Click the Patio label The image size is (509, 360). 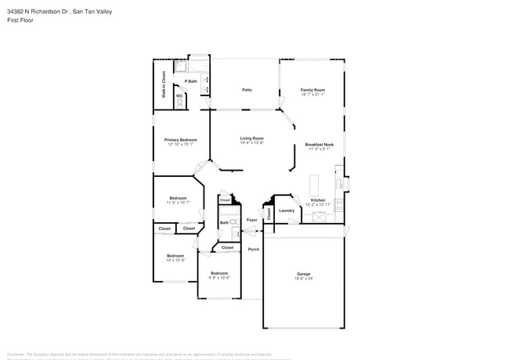[x=247, y=90]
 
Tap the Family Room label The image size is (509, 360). [x=312, y=90]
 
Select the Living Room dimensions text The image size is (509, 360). [x=251, y=143]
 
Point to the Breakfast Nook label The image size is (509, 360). [x=319, y=145]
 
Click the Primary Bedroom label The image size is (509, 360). [x=180, y=139]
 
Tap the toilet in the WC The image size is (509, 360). [x=179, y=102]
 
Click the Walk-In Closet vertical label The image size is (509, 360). [x=164, y=85]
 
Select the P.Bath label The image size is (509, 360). [x=190, y=81]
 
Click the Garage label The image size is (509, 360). [x=303, y=273]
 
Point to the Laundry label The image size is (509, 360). [x=287, y=210]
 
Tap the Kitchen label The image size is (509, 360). [x=318, y=200]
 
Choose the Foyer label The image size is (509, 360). [x=251, y=220]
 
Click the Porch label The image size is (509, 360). [x=253, y=249]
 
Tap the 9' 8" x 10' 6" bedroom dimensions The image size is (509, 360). [x=219, y=278]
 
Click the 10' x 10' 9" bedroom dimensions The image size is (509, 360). [x=175, y=260]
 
